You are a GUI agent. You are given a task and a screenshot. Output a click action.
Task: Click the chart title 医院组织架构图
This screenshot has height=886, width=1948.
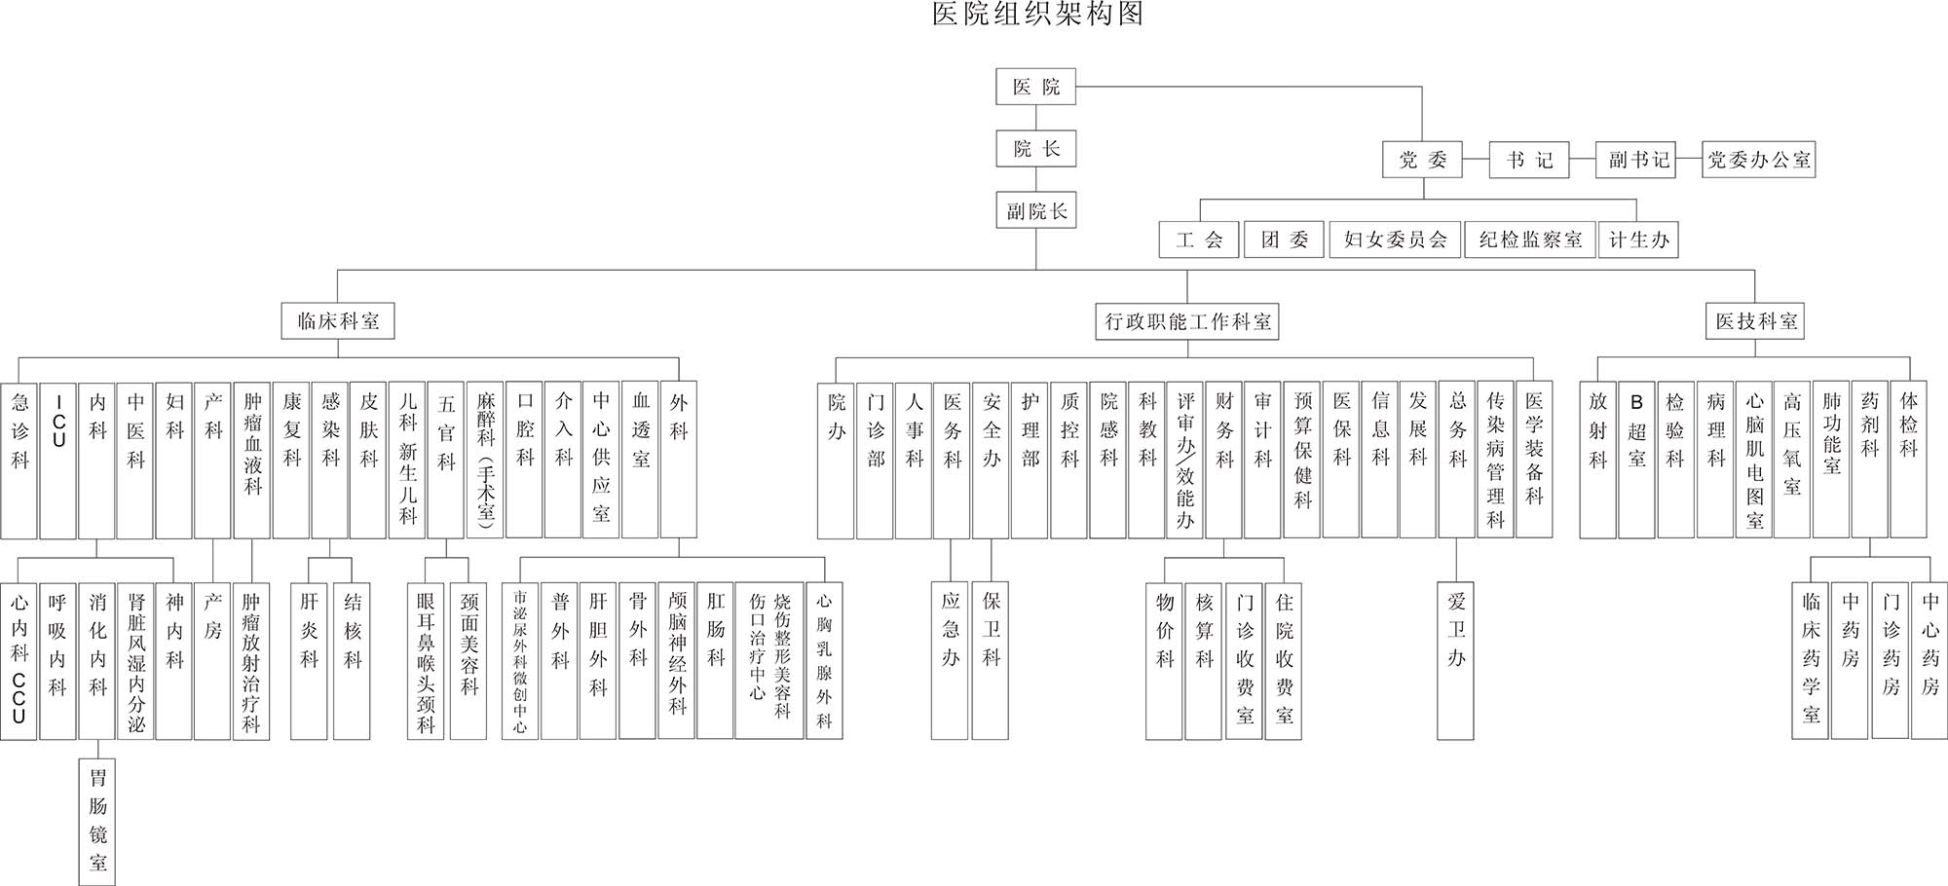click(x=1037, y=15)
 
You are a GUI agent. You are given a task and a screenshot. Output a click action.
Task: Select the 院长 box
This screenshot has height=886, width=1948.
click(x=1035, y=148)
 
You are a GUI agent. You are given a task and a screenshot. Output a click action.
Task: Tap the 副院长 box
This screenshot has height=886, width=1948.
click(x=1035, y=210)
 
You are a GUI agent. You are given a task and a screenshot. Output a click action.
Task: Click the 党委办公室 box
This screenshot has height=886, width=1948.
click(x=1758, y=160)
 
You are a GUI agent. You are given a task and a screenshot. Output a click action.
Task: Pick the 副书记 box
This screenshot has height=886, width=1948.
click(x=1638, y=160)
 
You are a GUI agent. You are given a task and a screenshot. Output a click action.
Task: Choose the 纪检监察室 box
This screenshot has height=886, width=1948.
click(x=1529, y=240)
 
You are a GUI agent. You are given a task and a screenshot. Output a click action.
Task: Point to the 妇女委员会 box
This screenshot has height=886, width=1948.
click(x=1395, y=240)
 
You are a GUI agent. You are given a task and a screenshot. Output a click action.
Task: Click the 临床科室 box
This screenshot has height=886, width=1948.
click(x=338, y=320)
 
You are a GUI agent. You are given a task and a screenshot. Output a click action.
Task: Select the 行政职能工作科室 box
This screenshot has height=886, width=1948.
click(x=1187, y=321)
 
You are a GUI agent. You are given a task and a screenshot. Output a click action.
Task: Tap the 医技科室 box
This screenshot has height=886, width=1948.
click(x=1755, y=321)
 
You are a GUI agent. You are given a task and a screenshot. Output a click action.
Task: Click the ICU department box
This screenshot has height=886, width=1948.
click(x=58, y=460)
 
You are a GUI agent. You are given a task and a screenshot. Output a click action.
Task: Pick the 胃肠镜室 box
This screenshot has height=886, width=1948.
click(x=97, y=821)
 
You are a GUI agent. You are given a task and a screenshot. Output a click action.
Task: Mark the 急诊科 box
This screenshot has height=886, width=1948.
click(x=19, y=460)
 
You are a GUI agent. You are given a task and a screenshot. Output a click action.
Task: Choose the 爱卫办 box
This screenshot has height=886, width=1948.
click(x=1455, y=660)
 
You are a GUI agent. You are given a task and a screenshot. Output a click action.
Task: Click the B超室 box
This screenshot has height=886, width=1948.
click(x=1636, y=460)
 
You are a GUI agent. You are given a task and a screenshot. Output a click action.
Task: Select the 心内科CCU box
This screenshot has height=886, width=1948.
click(x=19, y=660)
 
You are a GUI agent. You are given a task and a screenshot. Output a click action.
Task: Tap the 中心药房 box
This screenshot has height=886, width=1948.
click(x=1929, y=660)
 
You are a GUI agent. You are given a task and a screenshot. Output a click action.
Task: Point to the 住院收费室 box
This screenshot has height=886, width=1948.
click(x=1284, y=660)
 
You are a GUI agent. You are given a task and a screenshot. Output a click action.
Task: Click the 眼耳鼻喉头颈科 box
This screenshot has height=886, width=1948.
click(x=426, y=660)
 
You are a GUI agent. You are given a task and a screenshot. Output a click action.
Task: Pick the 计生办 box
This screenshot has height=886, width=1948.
click(x=1638, y=240)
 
